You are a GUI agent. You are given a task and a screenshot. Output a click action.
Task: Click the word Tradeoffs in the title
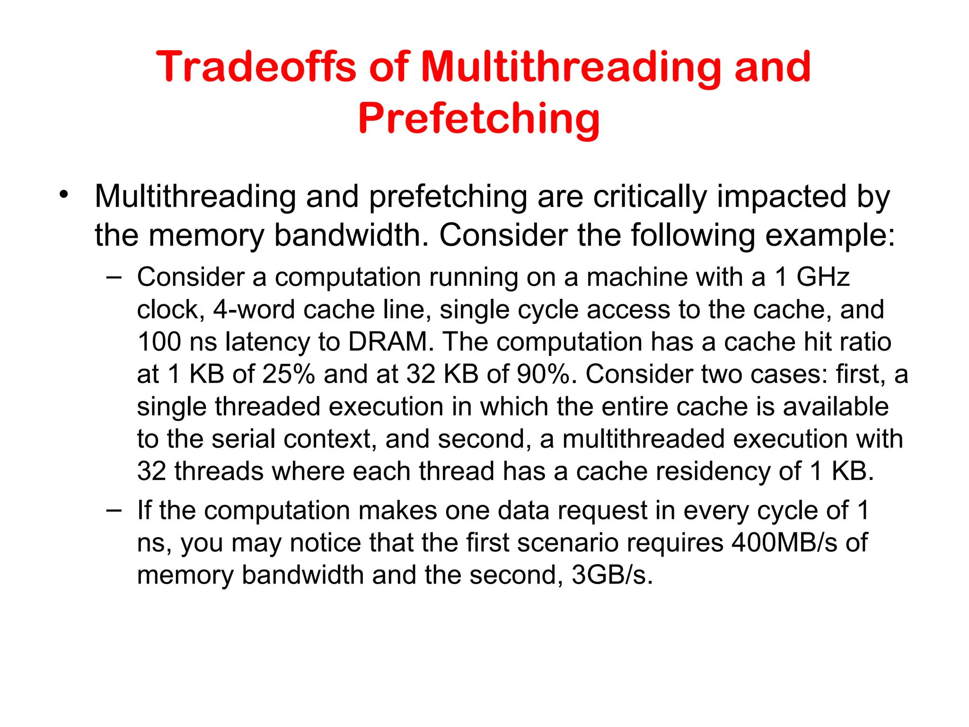click(255, 67)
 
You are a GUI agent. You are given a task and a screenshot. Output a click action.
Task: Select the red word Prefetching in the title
click(479, 118)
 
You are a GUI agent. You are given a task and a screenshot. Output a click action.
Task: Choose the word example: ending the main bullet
click(830, 236)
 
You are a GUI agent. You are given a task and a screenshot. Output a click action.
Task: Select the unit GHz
click(823, 277)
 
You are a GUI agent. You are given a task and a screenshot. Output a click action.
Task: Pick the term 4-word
click(254, 310)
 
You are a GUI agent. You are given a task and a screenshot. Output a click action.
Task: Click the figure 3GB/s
click(612, 576)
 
